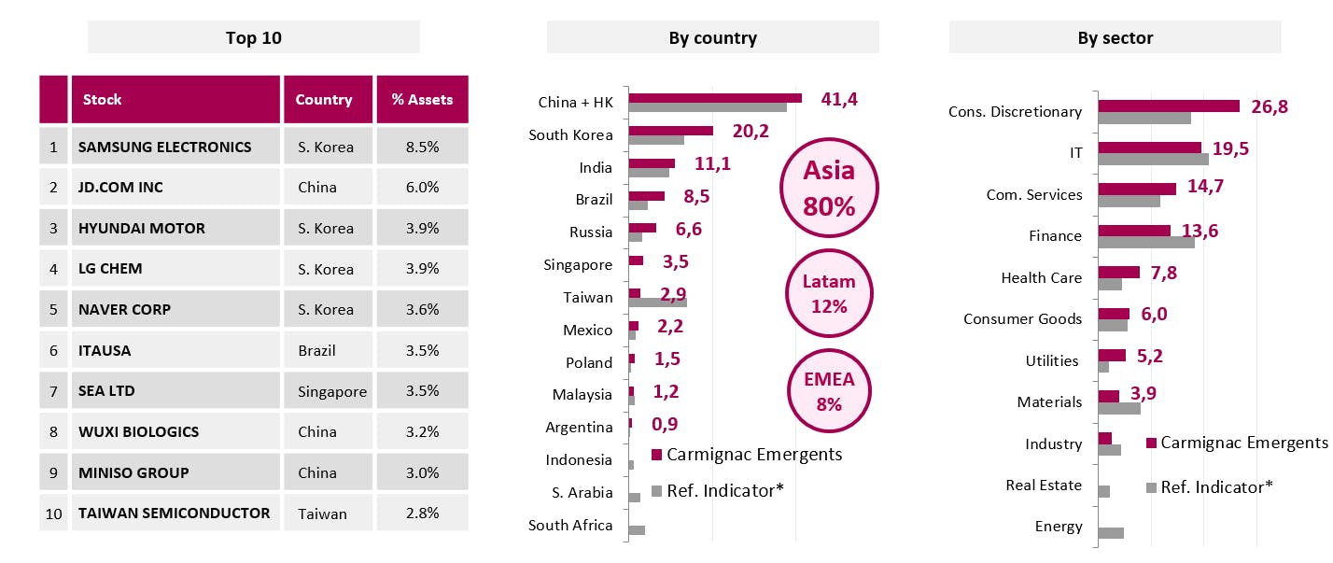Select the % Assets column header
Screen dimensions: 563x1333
pos(422,100)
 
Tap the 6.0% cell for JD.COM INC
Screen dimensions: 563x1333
pos(422,188)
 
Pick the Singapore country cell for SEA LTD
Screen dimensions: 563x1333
pos(332,391)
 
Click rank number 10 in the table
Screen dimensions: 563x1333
pos(53,513)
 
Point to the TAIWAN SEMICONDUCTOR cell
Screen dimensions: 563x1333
pos(175,513)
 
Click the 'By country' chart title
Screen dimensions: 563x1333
pos(712,38)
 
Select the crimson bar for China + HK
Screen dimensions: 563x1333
pos(715,98)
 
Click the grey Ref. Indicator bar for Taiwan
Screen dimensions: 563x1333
pos(658,303)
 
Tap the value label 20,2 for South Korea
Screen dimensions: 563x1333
pos(751,131)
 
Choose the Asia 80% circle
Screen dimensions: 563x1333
pos(829,189)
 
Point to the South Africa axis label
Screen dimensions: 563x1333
pos(570,525)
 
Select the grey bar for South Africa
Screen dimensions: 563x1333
pos(637,530)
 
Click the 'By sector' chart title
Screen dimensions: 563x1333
pos(1115,38)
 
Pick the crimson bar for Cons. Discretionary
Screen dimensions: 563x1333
pos(1169,106)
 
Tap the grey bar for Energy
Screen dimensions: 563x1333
pos(1111,533)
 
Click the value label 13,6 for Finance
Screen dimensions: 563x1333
pos(1200,231)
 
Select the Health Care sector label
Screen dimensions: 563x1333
pos(1041,277)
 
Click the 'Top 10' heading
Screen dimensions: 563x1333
pos(253,38)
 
